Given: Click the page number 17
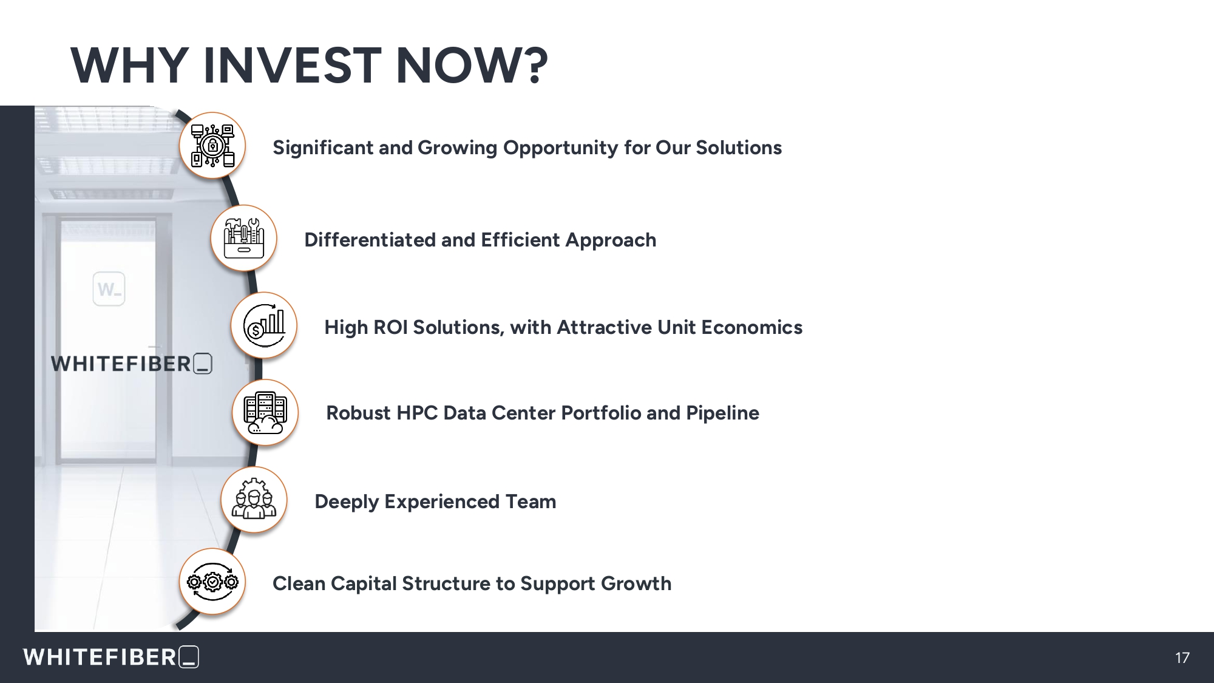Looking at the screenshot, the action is point(1182,658).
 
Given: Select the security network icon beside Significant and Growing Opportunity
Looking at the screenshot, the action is point(212,145).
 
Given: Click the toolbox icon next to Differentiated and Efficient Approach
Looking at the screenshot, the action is point(243,238).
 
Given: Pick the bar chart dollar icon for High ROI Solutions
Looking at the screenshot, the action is point(264,325).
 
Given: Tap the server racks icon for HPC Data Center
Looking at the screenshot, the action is point(265,412).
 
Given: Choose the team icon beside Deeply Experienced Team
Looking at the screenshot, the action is point(254,500).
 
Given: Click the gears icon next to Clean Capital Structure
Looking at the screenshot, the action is point(212,582).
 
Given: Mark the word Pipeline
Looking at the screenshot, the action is point(722,413).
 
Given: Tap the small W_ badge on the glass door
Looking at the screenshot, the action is point(109,289).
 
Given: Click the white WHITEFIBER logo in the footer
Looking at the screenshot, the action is point(111,657).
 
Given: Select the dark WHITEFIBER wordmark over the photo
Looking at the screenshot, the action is point(131,364).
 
